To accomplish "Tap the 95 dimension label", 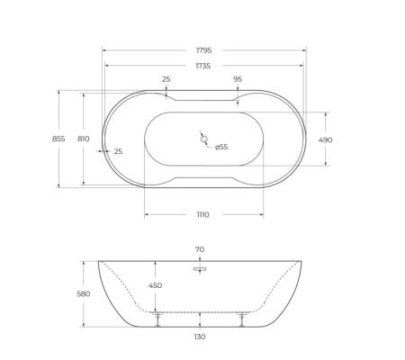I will pos(238,78).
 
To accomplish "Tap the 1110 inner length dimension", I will pos(203,215).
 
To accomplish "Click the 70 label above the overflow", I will pos(201,249).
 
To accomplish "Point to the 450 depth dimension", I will pos(155,284).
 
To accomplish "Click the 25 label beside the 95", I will pos(166,78).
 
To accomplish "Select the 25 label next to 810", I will pos(118,151).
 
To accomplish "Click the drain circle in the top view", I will pos(203,139).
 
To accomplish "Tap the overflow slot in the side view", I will pos(201,266).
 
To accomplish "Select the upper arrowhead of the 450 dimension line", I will pos(155,264).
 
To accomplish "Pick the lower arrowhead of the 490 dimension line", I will pos(325,165).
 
